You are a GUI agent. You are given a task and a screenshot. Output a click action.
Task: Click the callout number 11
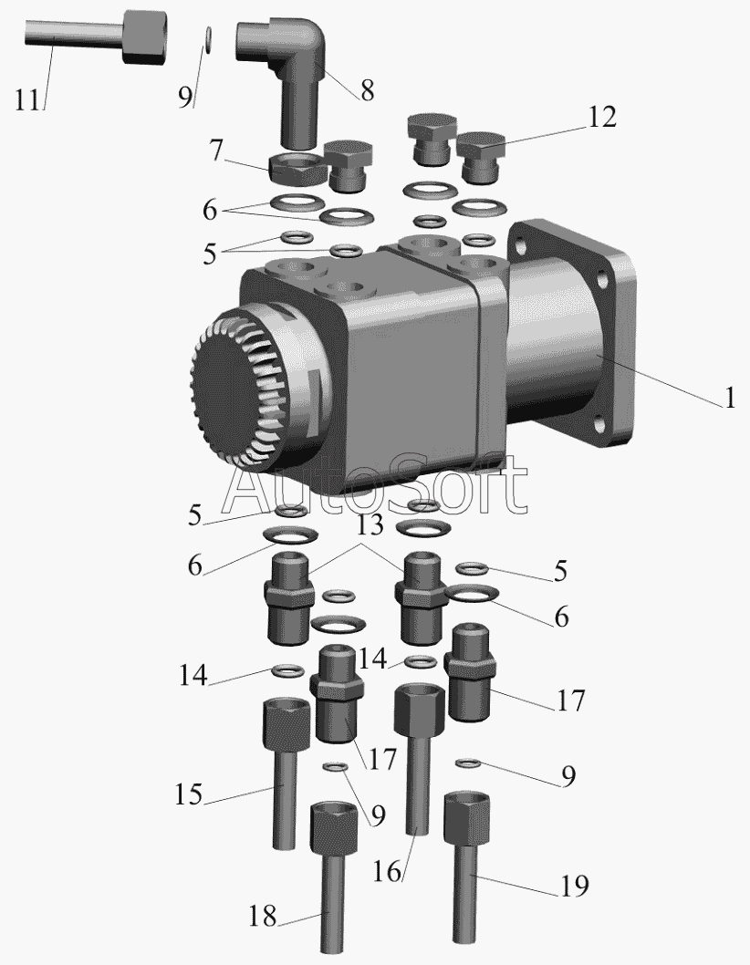click(x=27, y=99)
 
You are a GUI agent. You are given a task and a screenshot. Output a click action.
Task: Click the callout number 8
click(x=367, y=90)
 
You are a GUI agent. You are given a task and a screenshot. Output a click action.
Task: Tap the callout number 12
click(x=602, y=117)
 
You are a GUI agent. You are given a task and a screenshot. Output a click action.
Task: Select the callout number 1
click(x=730, y=399)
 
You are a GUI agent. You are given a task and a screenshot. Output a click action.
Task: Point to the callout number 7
click(x=215, y=150)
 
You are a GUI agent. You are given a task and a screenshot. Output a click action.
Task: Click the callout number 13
click(x=370, y=525)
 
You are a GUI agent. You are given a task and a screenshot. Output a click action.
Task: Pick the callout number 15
click(x=189, y=794)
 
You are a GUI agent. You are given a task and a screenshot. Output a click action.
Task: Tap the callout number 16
click(x=387, y=871)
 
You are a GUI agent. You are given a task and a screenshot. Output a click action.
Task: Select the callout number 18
click(x=263, y=917)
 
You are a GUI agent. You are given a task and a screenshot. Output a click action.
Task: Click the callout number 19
click(x=575, y=886)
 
